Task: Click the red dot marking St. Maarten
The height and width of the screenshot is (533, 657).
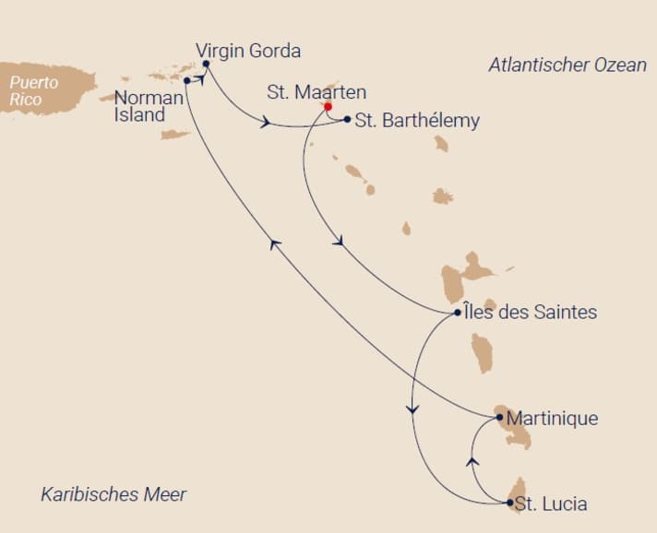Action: (328, 106)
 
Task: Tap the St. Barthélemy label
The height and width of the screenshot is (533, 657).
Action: (417, 121)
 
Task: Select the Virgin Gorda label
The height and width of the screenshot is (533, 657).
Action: (248, 51)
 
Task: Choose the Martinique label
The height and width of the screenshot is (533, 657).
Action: (553, 419)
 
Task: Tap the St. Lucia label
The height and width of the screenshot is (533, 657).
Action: (550, 503)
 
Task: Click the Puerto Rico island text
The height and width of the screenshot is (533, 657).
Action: (34, 90)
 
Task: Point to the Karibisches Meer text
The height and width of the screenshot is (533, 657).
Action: (113, 494)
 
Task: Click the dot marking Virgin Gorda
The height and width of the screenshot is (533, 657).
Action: (206, 65)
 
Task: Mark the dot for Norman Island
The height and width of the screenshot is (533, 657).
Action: (187, 80)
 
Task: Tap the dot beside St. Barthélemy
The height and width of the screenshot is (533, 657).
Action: (347, 119)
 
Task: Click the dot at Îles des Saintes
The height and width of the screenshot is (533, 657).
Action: (459, 313)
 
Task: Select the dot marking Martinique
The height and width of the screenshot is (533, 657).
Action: (500, 418)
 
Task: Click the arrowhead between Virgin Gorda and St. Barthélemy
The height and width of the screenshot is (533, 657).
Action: (267, 123)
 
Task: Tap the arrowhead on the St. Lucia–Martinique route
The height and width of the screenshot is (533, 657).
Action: (472, 460)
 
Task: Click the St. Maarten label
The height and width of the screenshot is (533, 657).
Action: (317, 92)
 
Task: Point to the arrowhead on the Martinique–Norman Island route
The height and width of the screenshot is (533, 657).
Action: (274, 242)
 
